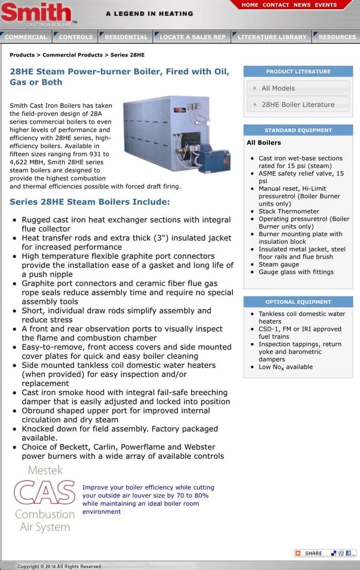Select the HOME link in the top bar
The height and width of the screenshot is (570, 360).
click(249, 5)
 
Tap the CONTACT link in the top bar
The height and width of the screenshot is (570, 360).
click(276, 5)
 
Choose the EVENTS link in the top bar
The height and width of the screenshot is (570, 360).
click(325, 5)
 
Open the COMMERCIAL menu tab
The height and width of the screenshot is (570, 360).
click(26, 37)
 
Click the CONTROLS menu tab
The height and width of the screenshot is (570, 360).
click(76, 37)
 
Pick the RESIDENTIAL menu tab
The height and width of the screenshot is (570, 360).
click(126, 37)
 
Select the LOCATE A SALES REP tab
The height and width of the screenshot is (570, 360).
click(193, 37)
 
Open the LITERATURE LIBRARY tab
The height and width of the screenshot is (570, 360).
click(272, 37)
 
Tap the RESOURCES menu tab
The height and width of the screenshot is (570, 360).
click(337, 37)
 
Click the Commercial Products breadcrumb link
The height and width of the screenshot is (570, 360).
click(73, 55)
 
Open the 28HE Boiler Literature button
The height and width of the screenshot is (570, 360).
click(298, 105)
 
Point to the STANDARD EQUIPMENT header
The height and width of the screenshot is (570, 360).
click(298, 131)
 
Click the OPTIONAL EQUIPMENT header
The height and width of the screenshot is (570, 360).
click(298, 302)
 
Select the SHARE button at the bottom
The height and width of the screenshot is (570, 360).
click(309, 553)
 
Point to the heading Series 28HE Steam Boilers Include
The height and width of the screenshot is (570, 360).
click(89, 202)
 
